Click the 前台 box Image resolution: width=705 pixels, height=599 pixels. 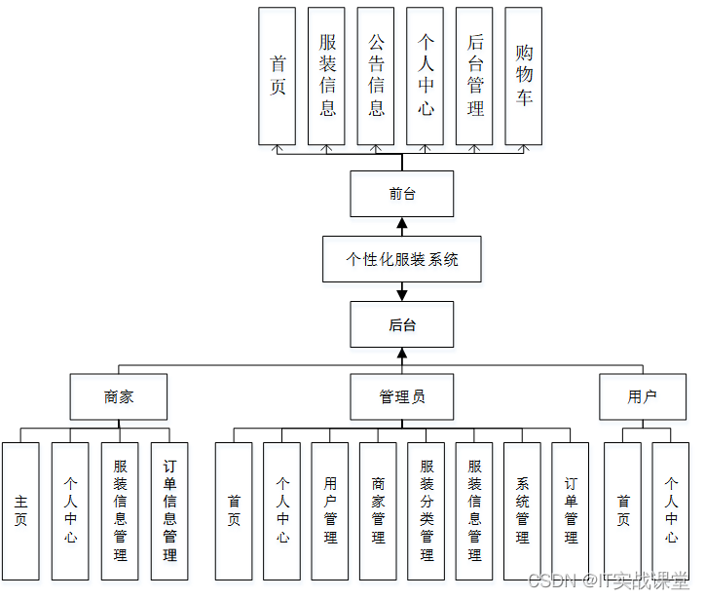pyautogui.click(x=402, y=194)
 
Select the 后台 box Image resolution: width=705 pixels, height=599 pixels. pyautogui.click(x=402, y=324)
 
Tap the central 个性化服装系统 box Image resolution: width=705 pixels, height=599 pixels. pyautogui.click(x=402, y=259)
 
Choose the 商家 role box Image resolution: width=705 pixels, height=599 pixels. pyautogui.click(x=119, y=396)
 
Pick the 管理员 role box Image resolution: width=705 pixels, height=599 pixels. pyautogui.click(x=402, y=396)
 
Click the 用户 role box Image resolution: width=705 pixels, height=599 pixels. pyautogui.click(x=643, y=396)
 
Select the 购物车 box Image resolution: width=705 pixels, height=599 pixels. pyautogui.click(x=523, y=76)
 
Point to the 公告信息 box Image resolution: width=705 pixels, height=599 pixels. pyautogui.click(x=376, y=76)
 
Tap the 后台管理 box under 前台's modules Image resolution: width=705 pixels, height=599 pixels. pyautogui.click(x=474, y=76)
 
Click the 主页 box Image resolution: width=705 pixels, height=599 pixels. pyautogui.click(x=20, y=511)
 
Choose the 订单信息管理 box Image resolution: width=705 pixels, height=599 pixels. pyautogui.click(x=169, y=511)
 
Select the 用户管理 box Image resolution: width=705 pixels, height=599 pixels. pyautogui.click(x=329, y=511)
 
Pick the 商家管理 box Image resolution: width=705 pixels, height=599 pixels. pyautogui.click(x=378, y=511)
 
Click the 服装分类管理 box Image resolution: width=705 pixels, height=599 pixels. pyautogui.click(x=427, y=511)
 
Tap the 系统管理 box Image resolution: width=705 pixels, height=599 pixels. pyautogui.click(x=523, y=511)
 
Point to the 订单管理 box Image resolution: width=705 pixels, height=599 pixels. pyautogui.click(x=570, y=511)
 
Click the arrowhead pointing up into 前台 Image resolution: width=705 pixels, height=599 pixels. pyautogui.click(x=402, y=223)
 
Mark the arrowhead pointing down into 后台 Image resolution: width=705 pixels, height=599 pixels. pyautogui.click(x=402, y=295)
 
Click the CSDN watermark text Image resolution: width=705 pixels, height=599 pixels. pyautogui.click(x=609, y=581)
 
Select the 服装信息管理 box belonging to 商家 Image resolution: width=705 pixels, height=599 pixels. pyautogui.click(x=120, y=511)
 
